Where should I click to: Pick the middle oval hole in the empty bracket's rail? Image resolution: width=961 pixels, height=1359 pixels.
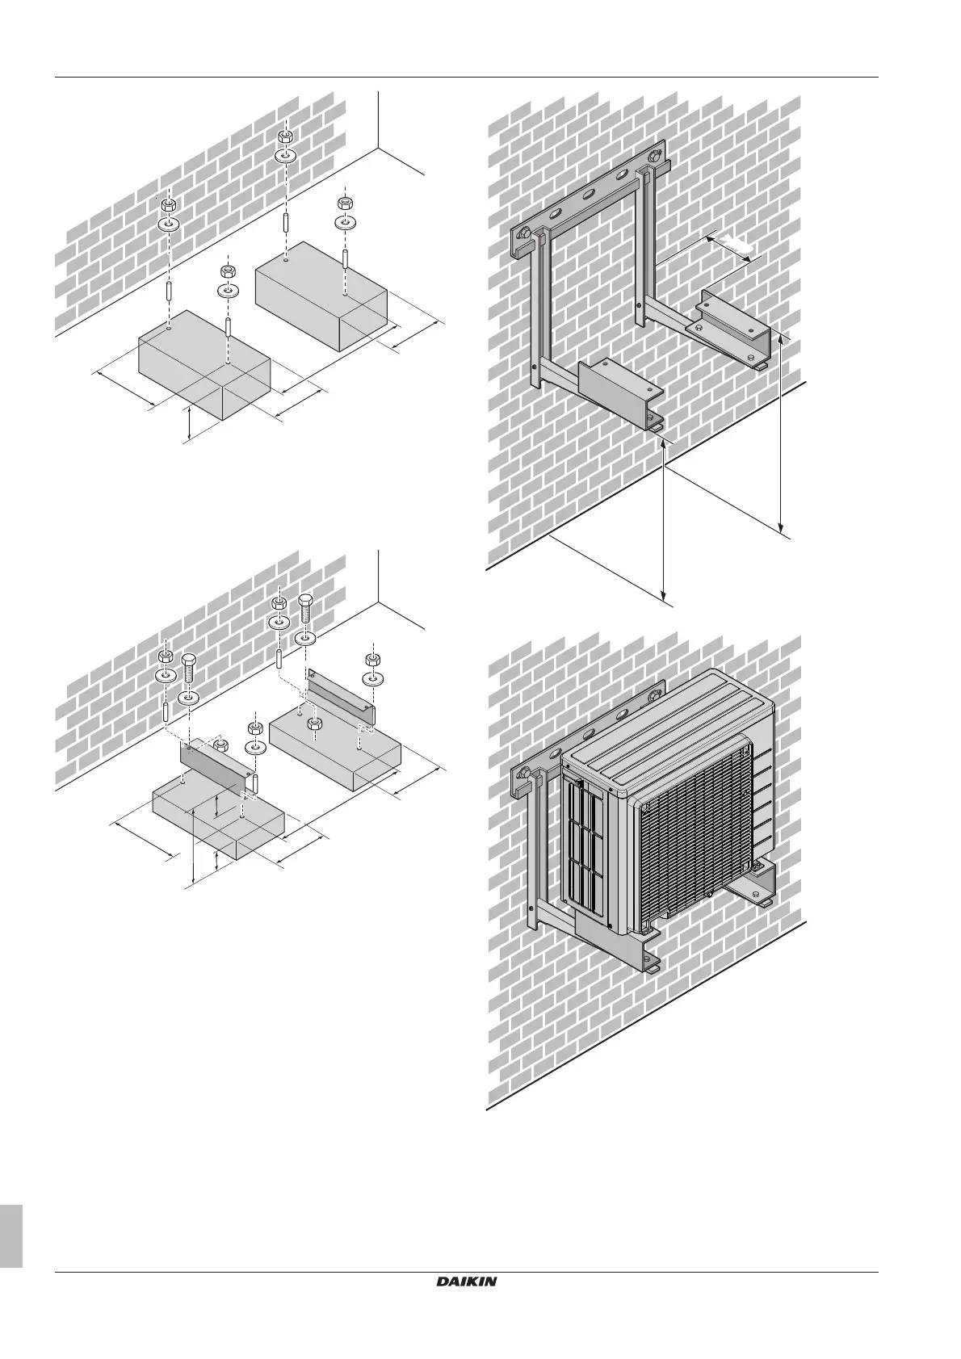point(590,195)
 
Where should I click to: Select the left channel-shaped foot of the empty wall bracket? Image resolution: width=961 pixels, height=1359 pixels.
point(618,392)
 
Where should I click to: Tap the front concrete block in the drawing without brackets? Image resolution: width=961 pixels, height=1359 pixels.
point(202,363)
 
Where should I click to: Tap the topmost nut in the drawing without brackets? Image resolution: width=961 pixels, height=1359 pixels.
point(286,136)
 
